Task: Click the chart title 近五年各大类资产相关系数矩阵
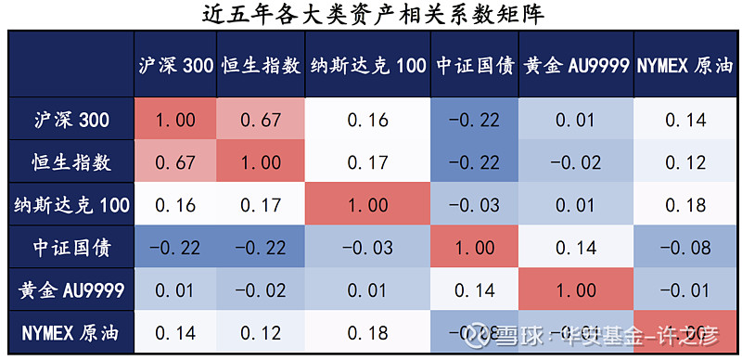(371, 14)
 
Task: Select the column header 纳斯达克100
(367, 65)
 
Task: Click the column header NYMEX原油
(685, 65)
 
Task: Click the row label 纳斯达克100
(71, 204)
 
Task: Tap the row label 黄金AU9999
(71, 289)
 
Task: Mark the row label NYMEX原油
(71, 331)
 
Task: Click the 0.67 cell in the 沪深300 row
(261, 120)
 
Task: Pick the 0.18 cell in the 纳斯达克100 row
(685, 204)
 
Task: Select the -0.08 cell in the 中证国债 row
(685, 247)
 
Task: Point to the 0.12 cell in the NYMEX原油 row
(261, 331)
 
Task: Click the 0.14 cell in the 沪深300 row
(685, 120)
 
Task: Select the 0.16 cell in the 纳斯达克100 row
(177, 204)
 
